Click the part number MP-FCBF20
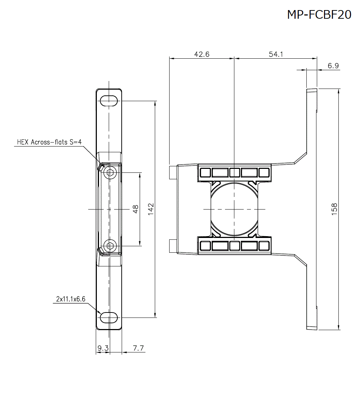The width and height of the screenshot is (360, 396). coord(319,14)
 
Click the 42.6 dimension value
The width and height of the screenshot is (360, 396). coord(202,54)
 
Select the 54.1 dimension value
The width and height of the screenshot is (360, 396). coord(276,54)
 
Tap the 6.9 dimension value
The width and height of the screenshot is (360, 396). coord(333,66)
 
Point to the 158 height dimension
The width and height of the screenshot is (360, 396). coord(334,209)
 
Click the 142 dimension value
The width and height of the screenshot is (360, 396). coord(151,209)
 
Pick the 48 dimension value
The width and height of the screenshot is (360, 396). coord(136,209)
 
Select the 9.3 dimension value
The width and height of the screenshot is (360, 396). coord(103,348)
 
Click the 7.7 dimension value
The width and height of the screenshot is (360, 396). coord(138,348)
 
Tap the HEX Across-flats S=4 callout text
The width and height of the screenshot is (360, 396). coord(50,142)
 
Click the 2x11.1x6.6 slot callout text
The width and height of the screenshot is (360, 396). coord(71,299)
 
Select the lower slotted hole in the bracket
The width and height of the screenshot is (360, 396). coord(109,318)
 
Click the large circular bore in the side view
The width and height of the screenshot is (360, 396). coord(234,209)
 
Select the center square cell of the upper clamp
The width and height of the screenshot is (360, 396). coord(234,172)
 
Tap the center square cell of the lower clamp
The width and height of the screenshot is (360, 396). coord(234,246)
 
